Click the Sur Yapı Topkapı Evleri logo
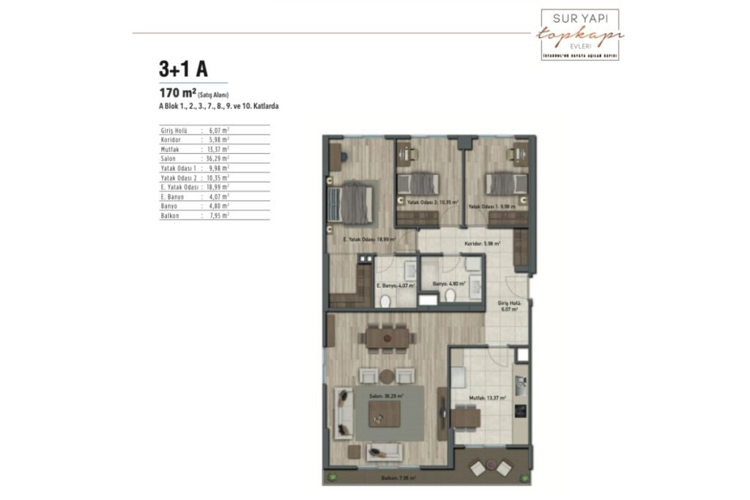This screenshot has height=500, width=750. point(579,34)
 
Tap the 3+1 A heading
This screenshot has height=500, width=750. point(183,69)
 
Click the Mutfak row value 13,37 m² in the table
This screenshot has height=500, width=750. point(217,149)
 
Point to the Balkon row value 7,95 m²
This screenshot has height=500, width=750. point(217,216)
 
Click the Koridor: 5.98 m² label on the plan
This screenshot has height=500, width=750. point(482,244)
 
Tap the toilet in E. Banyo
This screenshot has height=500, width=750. point(386,299)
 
